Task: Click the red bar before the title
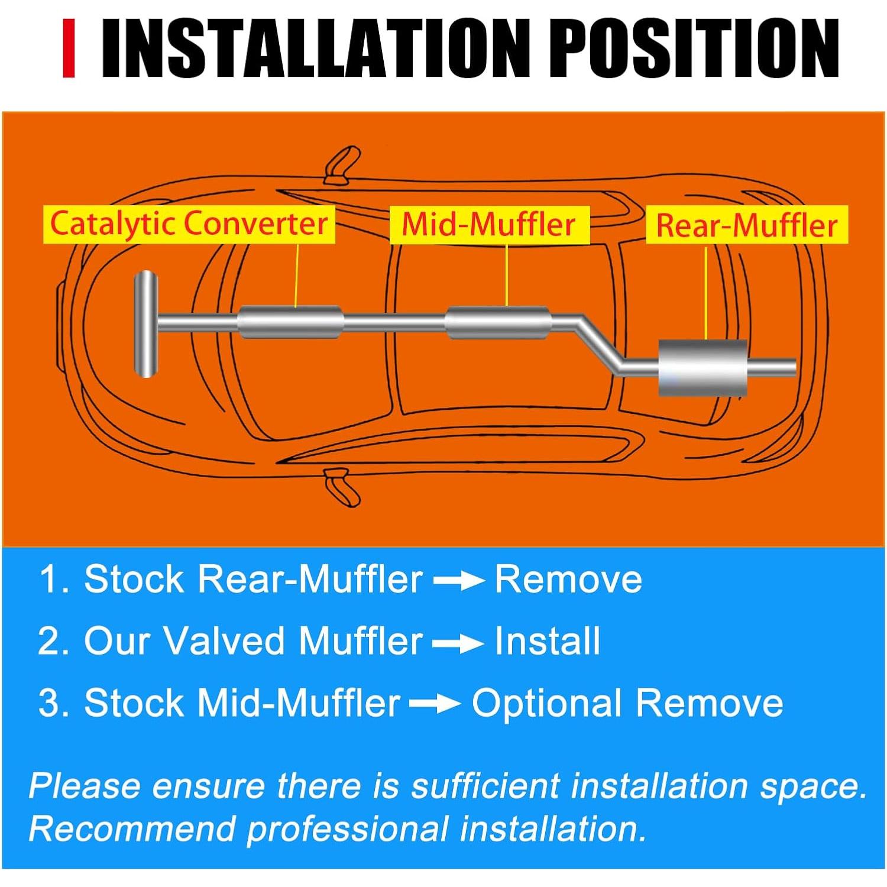click(69, 48)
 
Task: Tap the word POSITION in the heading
click(698, 48)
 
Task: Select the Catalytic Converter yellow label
click(189, 224)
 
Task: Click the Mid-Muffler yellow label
click(489, 225)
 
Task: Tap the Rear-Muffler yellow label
click(747, 225)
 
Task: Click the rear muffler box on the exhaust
click(703, 368)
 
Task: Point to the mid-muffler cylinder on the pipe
click(498, 323)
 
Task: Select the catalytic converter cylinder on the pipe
click(291, 322)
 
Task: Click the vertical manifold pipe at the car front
click(145, 323)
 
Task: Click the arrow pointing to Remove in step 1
click(458, 581)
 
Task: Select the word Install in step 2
click(547, 641)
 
